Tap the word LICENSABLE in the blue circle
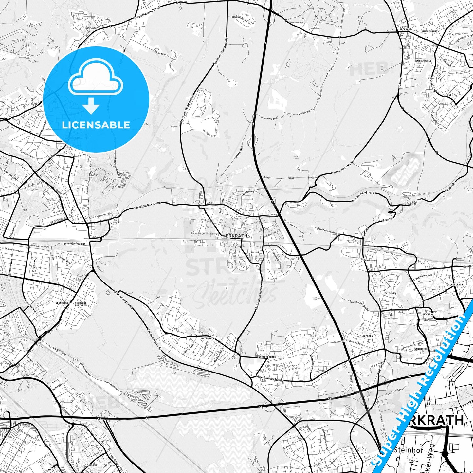coord(96,125)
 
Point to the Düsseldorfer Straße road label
coord(147,206)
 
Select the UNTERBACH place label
coord(207,338)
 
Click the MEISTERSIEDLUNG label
coord(74,244)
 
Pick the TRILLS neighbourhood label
coord(391,293)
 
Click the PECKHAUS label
coord(405,29)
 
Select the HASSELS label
coord(88,465)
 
